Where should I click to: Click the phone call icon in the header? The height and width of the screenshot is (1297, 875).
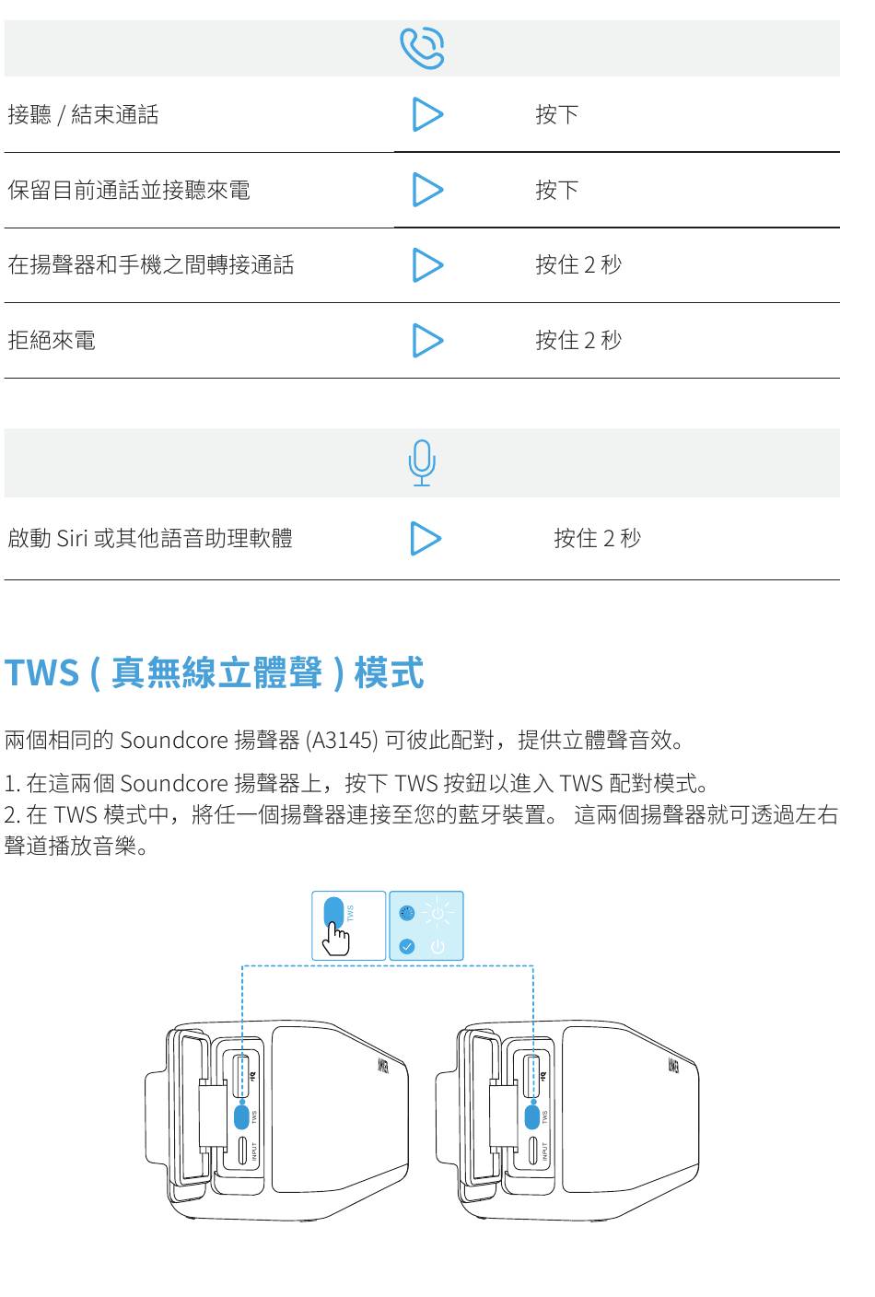tap(423, 48)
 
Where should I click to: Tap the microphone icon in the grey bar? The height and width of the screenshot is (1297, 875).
tap(422, 462)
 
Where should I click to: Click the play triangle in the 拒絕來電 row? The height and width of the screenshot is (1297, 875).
tap(426, 340)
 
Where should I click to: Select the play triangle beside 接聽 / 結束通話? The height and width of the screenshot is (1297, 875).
tap(426, 114)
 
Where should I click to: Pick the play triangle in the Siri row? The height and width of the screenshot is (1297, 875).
tap(425, 538)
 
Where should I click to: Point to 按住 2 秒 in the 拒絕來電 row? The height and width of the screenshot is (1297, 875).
tap(578, 340)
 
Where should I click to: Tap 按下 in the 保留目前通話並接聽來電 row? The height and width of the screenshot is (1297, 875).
tap(557, 190)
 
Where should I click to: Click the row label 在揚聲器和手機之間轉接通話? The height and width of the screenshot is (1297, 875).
tap(151, 265)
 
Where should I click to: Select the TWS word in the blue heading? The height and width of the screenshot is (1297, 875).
tap(41, 672)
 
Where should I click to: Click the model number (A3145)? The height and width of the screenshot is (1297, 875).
tap(342, 740)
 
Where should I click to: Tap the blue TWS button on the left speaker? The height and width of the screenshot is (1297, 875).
tap(242, 1116)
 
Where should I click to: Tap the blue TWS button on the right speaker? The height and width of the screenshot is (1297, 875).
tap(532, 1116)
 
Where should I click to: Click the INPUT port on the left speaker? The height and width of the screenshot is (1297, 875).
tap(243, 1151)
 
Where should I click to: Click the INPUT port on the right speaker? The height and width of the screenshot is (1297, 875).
tap(533, 1151)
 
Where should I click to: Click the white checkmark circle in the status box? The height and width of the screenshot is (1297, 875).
tap(407, 946)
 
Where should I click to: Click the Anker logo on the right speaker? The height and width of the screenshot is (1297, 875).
tap(673, 1067)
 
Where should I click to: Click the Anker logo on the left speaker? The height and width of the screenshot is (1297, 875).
tap(383, 1067)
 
